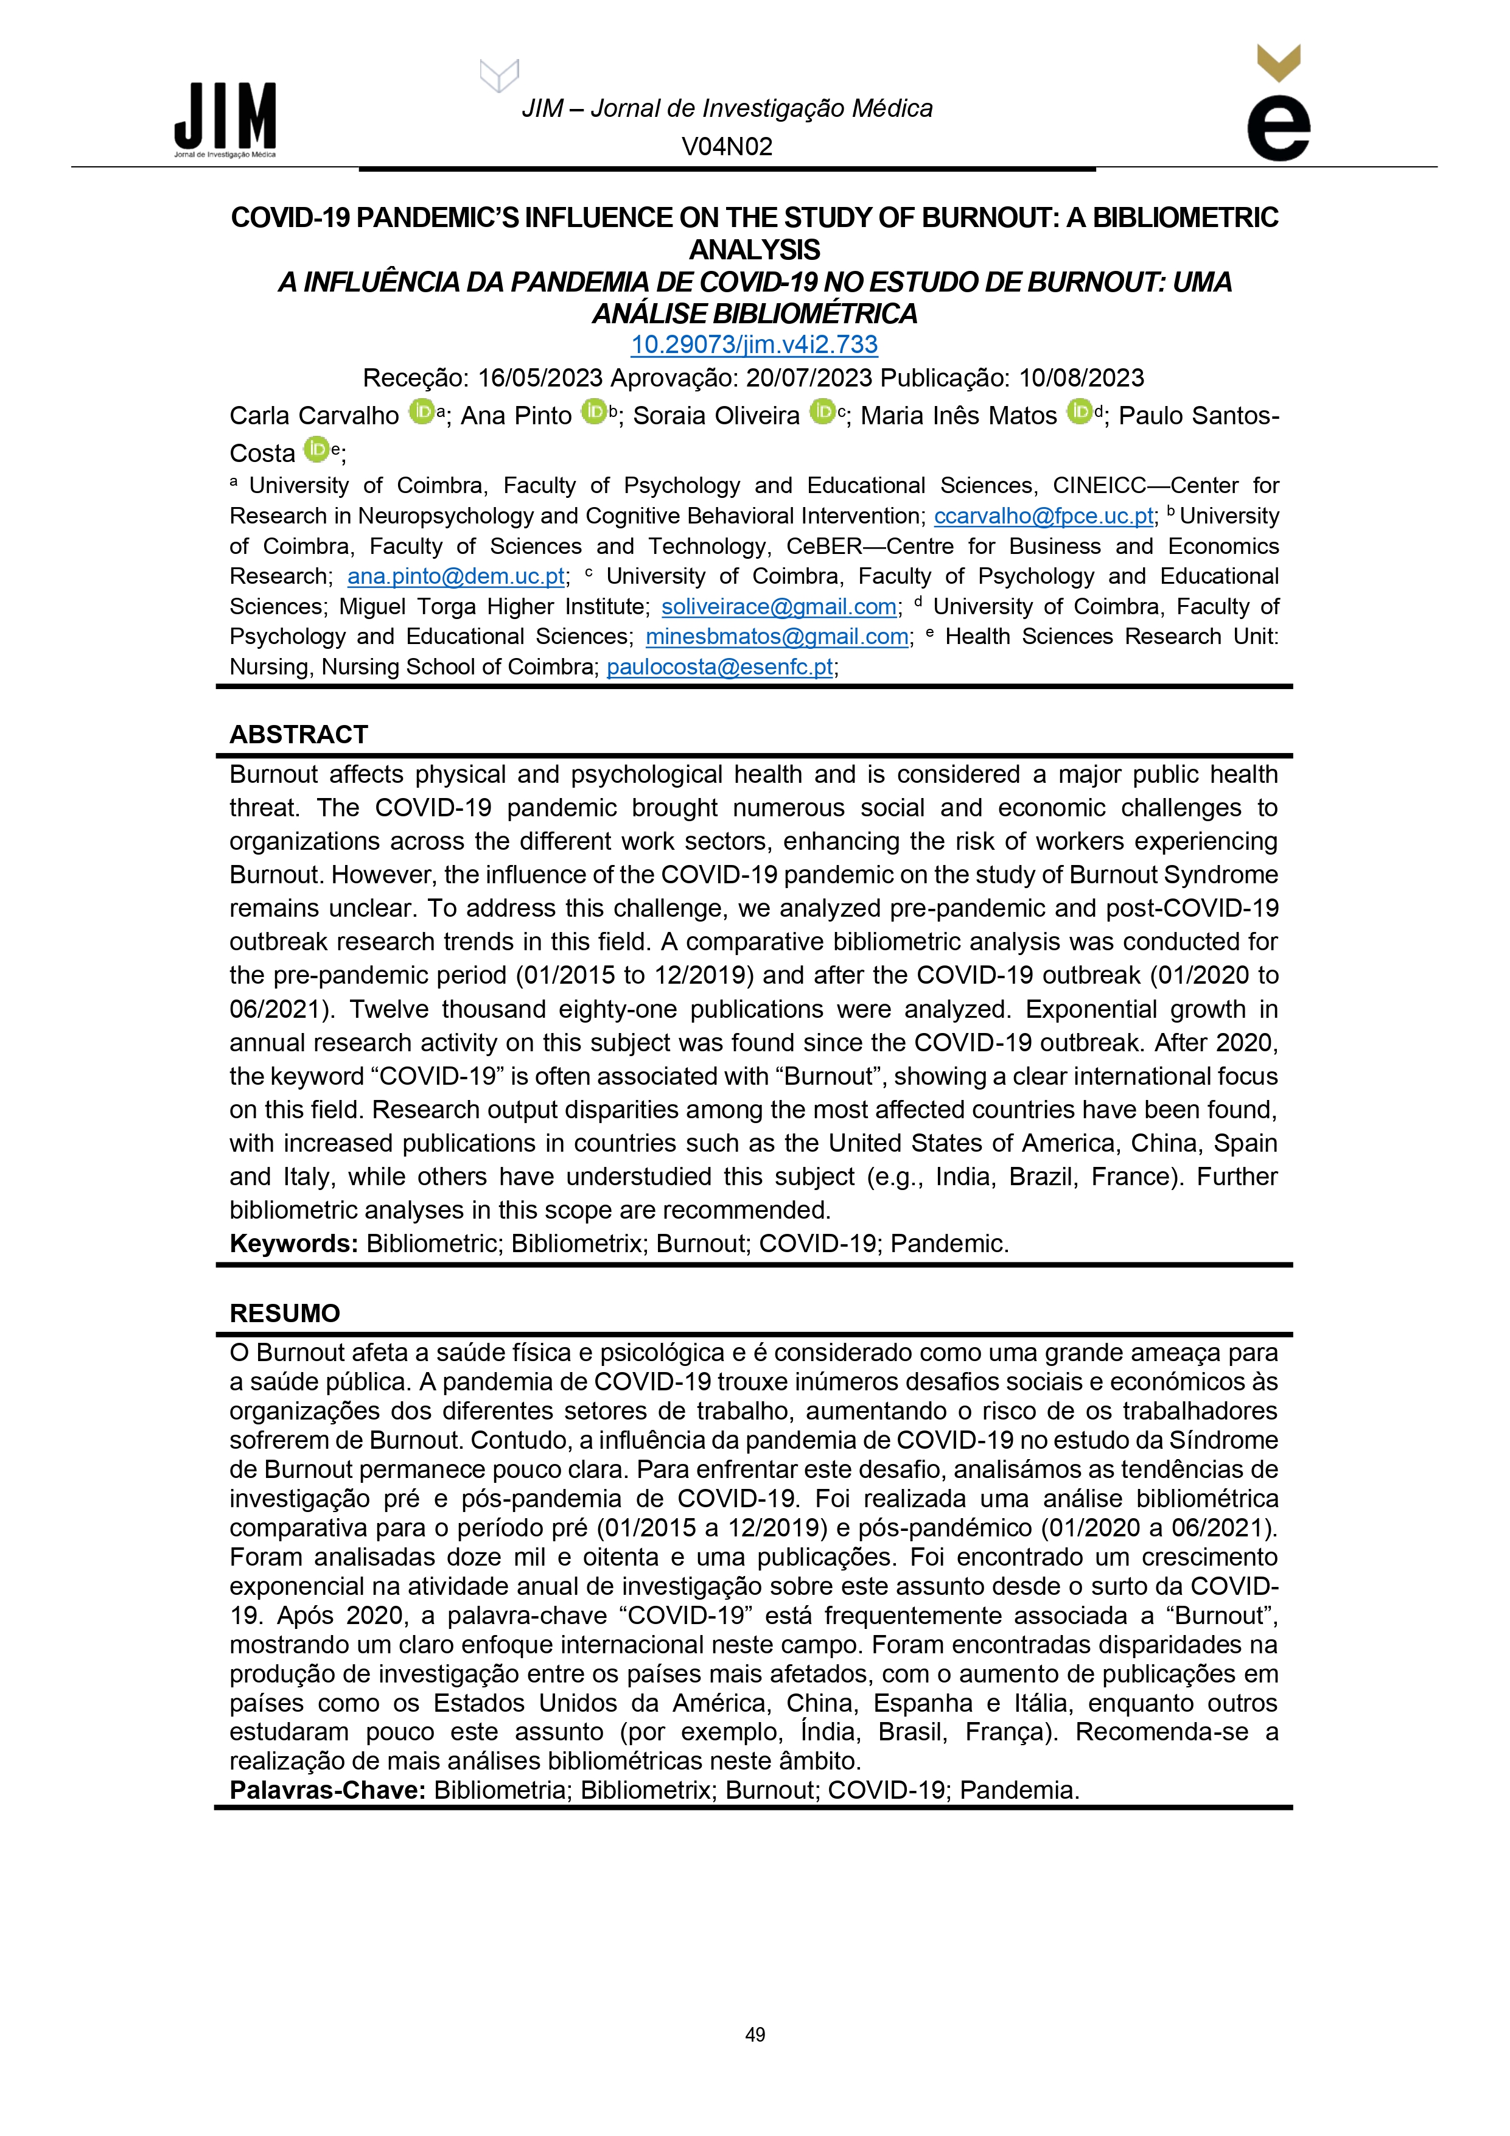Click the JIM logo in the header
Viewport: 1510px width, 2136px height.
[225, 119]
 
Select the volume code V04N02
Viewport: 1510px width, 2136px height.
[727, 147]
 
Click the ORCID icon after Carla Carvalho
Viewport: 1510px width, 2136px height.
[421, 411]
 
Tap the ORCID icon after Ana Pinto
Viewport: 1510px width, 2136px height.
[593, 411]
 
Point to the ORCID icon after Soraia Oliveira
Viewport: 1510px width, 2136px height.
[822, 411]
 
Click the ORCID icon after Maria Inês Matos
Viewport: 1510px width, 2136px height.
[1079, 411]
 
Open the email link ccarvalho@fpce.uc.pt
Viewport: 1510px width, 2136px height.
[1043, 516]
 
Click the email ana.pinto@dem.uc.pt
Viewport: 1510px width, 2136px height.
[456, 577]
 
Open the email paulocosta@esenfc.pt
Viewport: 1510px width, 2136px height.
[719, 668]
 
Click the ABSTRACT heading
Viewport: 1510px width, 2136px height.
[299, 735]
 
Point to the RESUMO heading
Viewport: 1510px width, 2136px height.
[285, 1314]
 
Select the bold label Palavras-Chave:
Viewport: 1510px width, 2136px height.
[327, 1791]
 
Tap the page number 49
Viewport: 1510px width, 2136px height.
[755, 2036]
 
